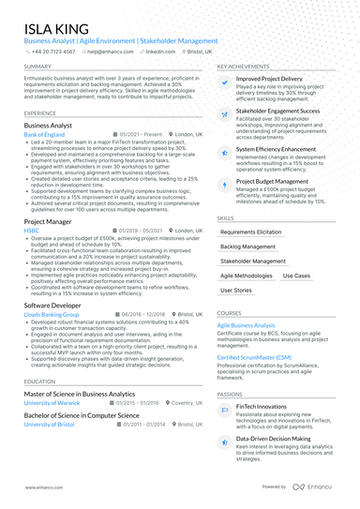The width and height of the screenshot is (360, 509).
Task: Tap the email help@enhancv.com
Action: (110, 52)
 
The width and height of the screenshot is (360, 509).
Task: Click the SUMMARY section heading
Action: (38, 67)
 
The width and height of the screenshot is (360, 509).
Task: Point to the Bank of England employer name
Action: (45, 135)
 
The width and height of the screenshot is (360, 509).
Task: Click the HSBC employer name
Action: (31, 230)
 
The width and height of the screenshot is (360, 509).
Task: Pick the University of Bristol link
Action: (49, 424)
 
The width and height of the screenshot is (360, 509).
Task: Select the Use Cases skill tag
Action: (296, 276)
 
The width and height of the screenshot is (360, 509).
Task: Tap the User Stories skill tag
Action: (236, 291)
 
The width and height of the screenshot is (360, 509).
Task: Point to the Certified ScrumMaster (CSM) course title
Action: (253, 357)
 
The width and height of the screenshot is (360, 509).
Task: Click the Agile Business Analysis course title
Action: (246, 325)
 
